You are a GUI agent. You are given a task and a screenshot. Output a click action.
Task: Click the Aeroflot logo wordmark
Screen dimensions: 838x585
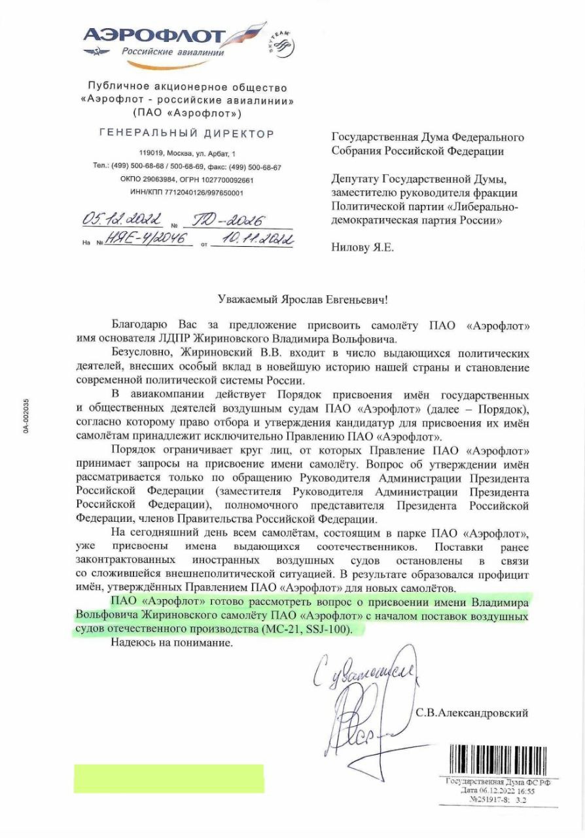pos(154,36)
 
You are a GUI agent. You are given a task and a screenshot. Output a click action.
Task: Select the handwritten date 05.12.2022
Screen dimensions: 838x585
pos(122,219)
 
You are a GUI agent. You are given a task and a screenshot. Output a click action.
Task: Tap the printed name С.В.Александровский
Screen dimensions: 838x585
pos(471,712)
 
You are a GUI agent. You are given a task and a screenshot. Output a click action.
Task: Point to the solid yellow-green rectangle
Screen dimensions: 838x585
pos(168,778)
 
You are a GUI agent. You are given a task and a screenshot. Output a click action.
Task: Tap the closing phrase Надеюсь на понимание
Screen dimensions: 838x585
pos(172,644)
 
